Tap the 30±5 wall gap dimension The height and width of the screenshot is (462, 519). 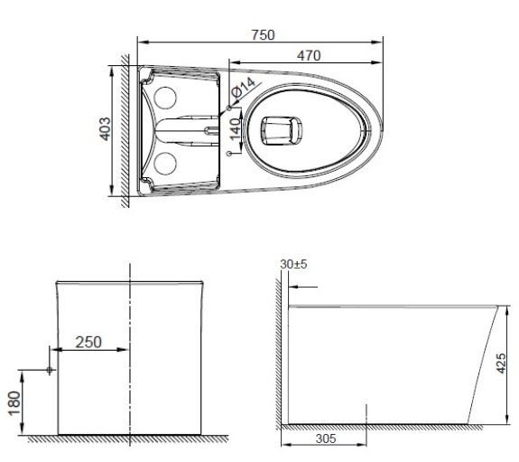(294, 265)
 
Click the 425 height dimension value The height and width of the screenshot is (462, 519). (510, 363)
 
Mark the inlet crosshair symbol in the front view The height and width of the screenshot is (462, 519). (49, 370)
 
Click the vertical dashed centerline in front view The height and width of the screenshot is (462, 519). (131, 353)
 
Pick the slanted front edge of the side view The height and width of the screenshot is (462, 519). (486, 362)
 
